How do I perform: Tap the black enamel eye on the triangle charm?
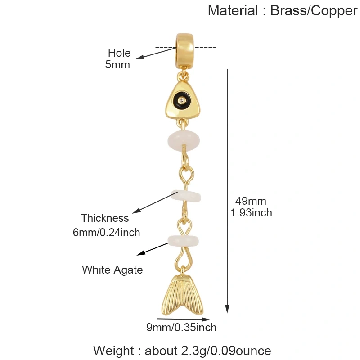pos(182,100)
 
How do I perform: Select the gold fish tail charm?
pos(183,295)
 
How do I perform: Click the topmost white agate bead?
pos(184,140)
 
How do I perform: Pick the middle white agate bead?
pos(186,196)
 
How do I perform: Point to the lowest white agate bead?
pos(183,240)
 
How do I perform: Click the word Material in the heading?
pos(233,10)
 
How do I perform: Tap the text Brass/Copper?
pos(314,11)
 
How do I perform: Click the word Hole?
pos(119,53)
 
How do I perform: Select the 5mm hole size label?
pos(117,64)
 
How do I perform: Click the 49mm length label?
pos(251,201)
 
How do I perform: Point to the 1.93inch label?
pos(251,212)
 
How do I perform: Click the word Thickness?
pos(105,218)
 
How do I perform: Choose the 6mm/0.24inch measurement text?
pos(107,232)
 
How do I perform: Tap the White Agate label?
pos(112,270)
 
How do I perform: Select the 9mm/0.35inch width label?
pos(181,328)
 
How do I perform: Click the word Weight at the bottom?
pos(113,351)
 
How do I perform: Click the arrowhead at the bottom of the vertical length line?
pos(227,309)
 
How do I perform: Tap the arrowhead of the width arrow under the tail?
pos(206,319)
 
